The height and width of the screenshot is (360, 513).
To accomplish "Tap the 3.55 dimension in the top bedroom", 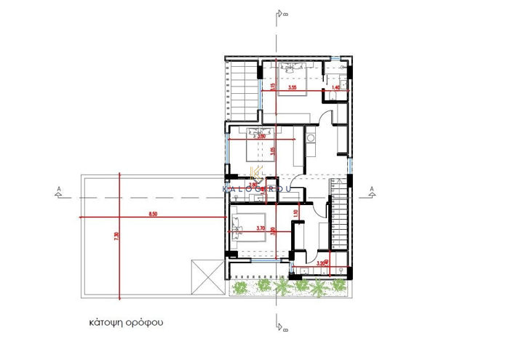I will [x=293, y=88].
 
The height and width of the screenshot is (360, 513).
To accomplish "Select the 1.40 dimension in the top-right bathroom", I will [x=335, y=88].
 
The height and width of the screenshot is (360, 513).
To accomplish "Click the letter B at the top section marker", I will [x=287, y=13].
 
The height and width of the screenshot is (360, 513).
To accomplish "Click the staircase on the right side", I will [x=341, y=218].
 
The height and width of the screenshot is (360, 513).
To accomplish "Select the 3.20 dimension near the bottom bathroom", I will [x=322, y=264].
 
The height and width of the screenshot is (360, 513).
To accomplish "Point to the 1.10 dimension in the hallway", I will [x=295, y=213].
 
